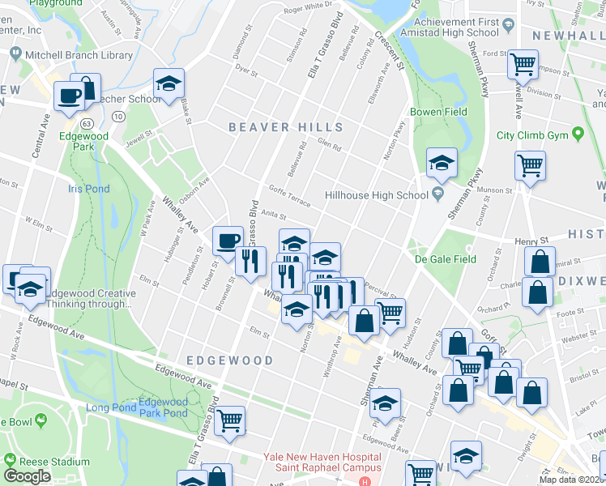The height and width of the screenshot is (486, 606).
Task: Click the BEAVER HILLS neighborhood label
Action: [x=286, y=127]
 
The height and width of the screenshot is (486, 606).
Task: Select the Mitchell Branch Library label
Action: [x=71, y=55]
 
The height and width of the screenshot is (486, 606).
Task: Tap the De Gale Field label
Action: [x=445, y=259]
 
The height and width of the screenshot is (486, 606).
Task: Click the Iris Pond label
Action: [x=88, y=188]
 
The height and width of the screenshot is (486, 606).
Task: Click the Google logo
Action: [x=28, y=475]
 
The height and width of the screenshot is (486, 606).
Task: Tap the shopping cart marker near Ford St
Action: [x=523, y=64]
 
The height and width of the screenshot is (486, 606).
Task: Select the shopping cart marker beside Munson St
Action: [x=530, y=165]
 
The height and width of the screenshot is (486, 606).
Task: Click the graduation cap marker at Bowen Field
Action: [x=442, y=163]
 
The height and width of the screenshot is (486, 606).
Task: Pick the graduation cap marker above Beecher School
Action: [x=169, y=84]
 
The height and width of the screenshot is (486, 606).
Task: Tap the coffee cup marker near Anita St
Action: [x=228, y=240]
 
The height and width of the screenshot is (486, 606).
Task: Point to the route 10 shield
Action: [x=119, y=117]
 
